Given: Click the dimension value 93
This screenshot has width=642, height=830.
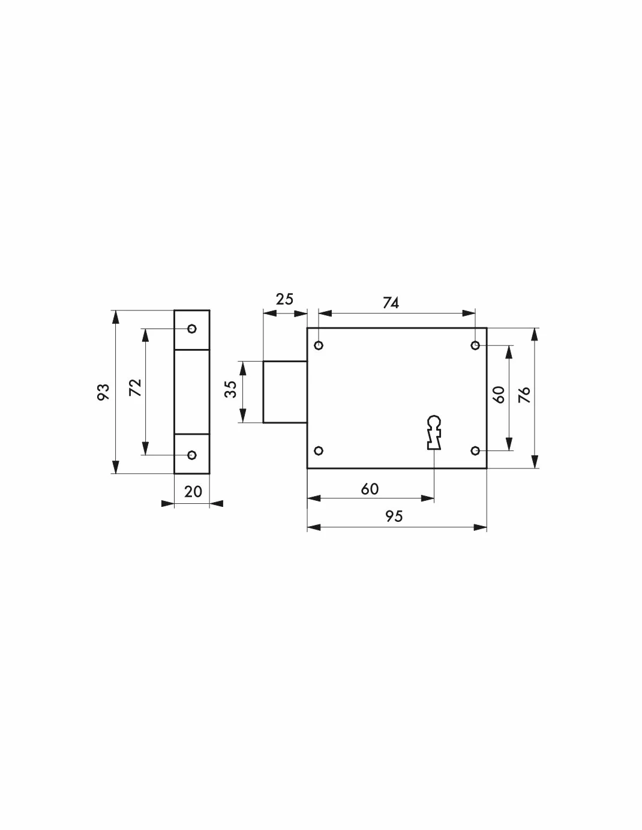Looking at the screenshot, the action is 103,392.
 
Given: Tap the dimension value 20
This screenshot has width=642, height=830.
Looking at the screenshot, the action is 193,492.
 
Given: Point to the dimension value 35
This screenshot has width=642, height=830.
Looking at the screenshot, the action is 231,389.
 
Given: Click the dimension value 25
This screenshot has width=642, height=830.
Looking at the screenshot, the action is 284,299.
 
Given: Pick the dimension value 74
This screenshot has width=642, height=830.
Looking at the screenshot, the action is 391,303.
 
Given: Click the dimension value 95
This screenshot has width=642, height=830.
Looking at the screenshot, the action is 394,516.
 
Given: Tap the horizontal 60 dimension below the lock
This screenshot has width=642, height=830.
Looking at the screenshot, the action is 370,489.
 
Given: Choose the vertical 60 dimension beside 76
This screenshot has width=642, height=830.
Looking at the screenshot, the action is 499,395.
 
